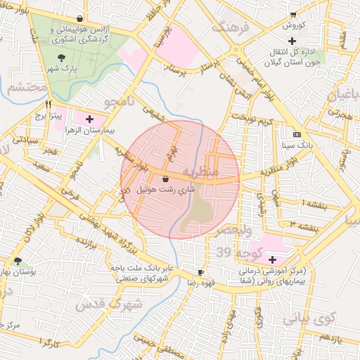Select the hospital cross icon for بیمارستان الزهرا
point(89,120)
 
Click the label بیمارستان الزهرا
point(89,131)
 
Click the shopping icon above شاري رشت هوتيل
point(165,179)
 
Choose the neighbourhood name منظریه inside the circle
point(200,172)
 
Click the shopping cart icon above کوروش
point(292,15)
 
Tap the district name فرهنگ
point(229,27)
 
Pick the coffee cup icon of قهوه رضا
point(201,271)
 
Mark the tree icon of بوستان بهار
point(27,259)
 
